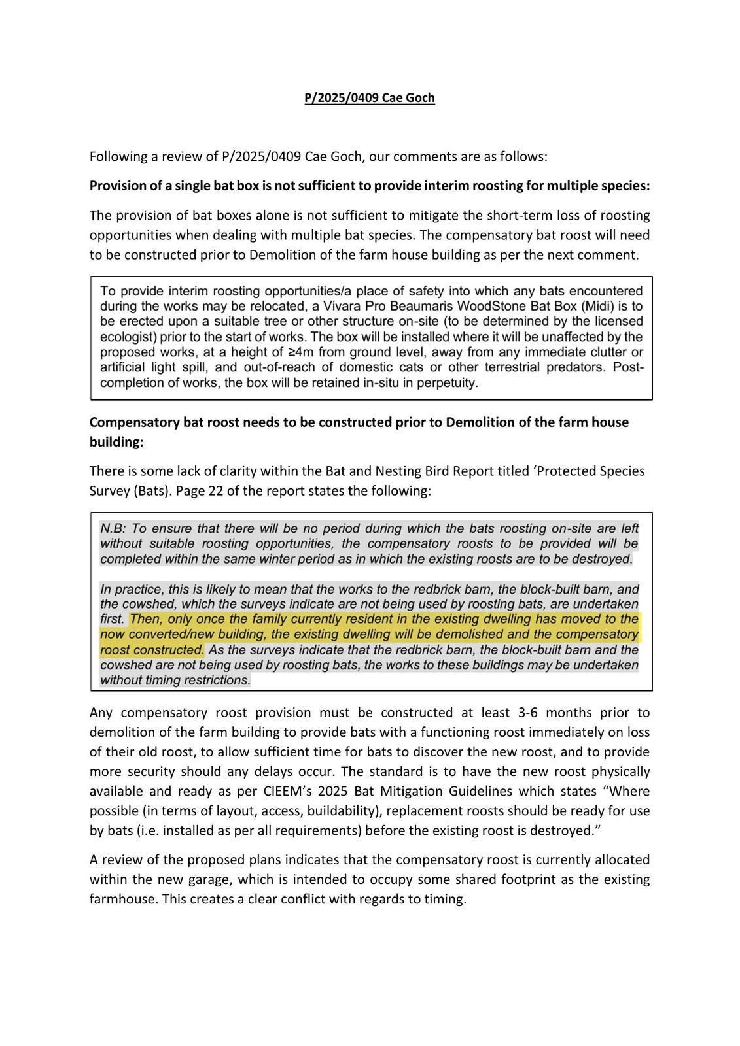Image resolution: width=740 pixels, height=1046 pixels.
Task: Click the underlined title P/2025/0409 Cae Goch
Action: coord(369,98)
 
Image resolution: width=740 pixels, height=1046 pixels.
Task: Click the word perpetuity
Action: coord(446,383)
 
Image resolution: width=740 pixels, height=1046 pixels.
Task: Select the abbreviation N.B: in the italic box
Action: coord(113,528)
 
